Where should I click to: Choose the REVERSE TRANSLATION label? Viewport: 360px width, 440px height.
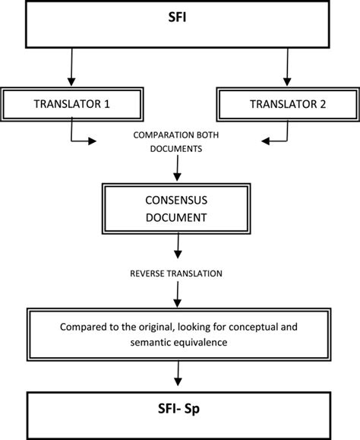pyautogui.click(x=177, y=271)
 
